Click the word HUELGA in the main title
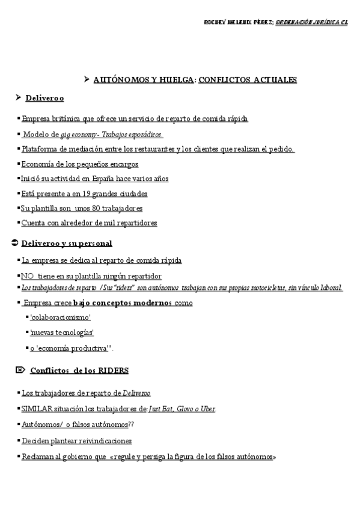[175, 79]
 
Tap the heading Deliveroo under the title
[44, 97]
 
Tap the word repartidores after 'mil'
[137, 223]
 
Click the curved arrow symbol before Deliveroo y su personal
[14, 243]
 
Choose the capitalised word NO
[27, 276]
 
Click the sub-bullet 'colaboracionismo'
[60, 317]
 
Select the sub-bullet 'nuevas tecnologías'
[61, 332]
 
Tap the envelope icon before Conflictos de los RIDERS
[19, 370]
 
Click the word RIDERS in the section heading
[114, 370]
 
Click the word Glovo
[185, 409]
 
